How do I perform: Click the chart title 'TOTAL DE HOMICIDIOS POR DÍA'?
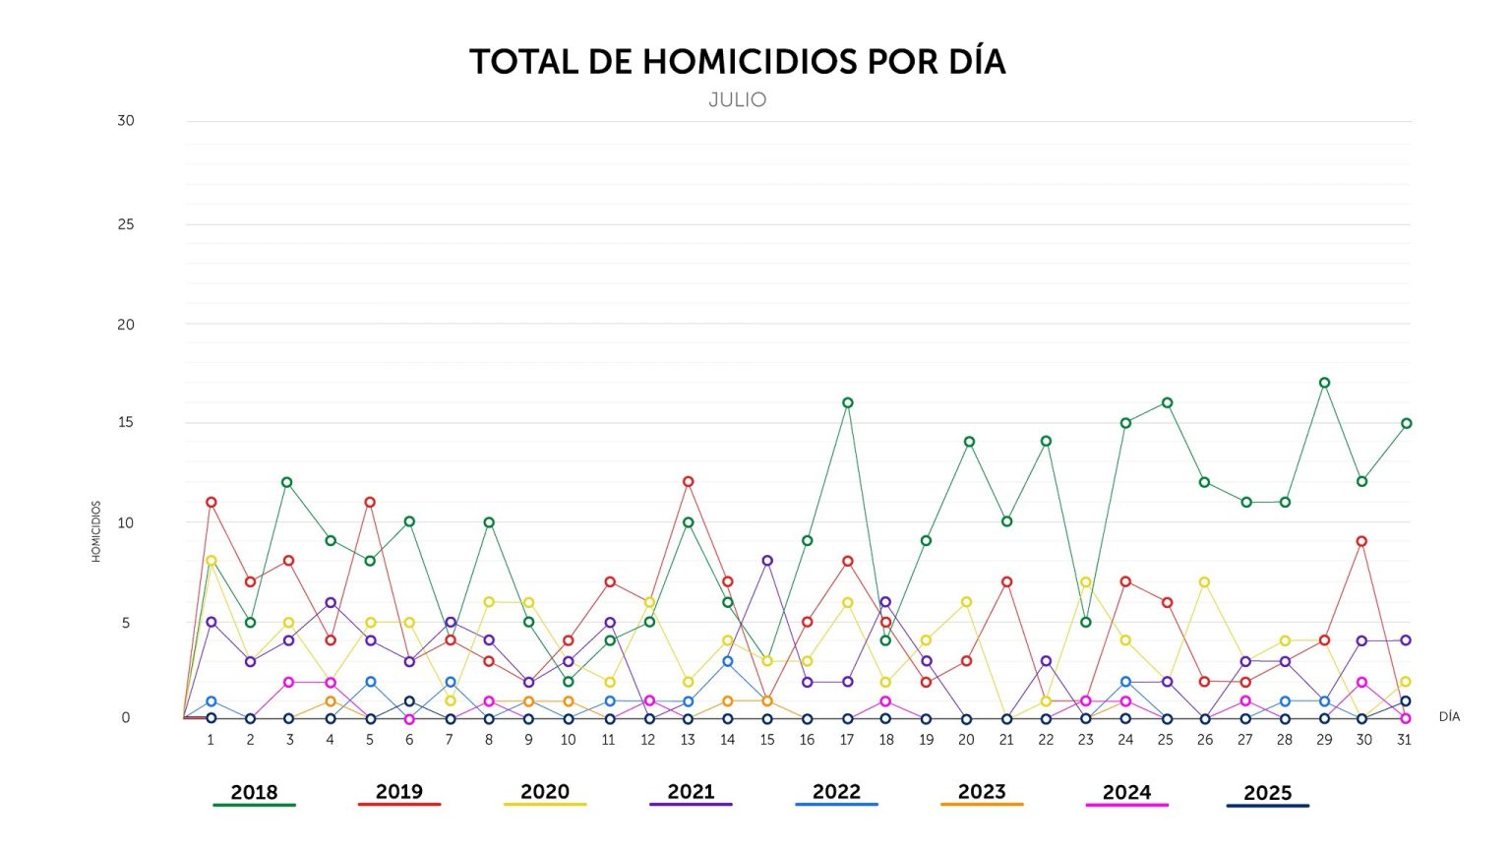point(737,62)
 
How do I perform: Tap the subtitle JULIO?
point(737,99)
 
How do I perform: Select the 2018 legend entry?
point(254,793)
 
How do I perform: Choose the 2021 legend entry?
point(691,793)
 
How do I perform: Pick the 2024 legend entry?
point(1126,793)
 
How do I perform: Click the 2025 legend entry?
point(1267,794)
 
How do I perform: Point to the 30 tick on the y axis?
point(126,121)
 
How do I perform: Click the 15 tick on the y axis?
point(126,422)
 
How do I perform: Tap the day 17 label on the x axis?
point(846,740)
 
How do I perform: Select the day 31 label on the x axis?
point(1404,740)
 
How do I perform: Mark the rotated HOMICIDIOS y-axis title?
point(96,531)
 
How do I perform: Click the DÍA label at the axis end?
point(1449,717)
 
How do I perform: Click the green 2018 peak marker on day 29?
point(1324,383)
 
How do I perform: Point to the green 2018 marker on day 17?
point(847,402)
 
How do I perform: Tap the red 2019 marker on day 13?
point(688,482)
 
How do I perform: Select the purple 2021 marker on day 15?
point(767,561)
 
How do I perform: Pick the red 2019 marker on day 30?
point(1362,541)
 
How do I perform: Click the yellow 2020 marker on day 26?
point(1204,582)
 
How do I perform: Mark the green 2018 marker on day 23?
point(1086,622)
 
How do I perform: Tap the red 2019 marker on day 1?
point(211,502)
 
